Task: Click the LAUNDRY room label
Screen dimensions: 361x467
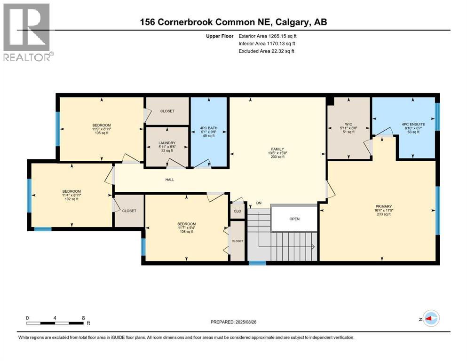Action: click(x=167, y=143)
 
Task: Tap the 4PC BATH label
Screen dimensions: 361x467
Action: click(x=209, y=127)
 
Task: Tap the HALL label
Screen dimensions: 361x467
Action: click(x=169, y=180)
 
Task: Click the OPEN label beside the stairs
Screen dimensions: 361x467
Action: click(x=294, y=219)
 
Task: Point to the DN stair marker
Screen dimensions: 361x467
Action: click(x=259, y=203)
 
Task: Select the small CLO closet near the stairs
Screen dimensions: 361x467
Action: click(x=237, y=211)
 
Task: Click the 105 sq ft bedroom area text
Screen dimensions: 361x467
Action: click(x=102, y=133)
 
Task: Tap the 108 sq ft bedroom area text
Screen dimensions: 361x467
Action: click(x=186, y=232)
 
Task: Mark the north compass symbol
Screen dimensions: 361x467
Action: click(x=431, y=318)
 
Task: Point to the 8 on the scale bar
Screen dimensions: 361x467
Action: click(x=83, y=318)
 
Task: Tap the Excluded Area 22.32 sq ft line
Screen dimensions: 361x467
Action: click(x=266, y=51)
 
